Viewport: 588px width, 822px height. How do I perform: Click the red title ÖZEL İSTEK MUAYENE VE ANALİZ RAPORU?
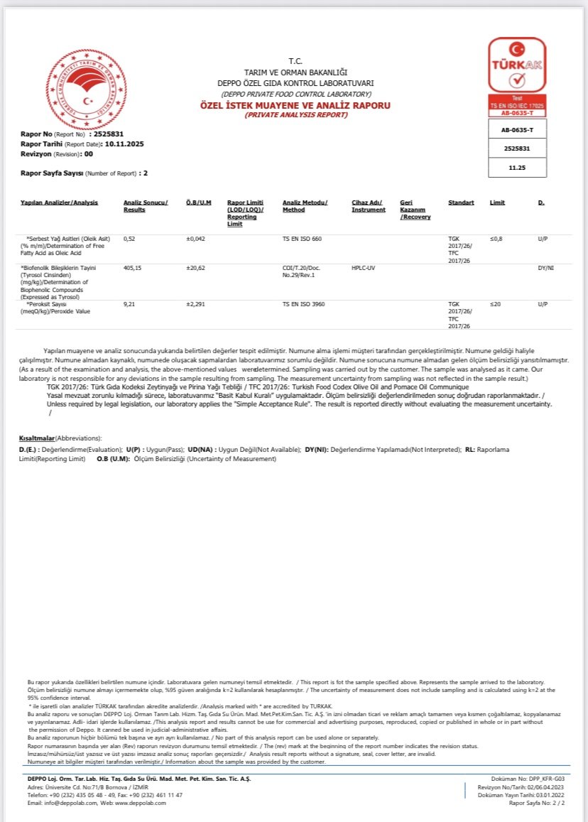pos(295,105)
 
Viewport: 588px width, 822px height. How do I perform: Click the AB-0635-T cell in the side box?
pos(517,130)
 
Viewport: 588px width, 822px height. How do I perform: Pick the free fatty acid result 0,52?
pos(129,239)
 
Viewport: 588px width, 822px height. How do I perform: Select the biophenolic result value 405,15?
pos(132,268)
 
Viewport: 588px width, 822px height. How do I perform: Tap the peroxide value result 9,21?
pos(129,304)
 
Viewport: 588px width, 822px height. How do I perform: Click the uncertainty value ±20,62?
pos(195,268)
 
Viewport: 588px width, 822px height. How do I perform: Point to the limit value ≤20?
pos(496,304)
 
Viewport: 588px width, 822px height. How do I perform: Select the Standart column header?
pos(461,202)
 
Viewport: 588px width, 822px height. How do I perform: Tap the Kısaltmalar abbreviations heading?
pos(37,438)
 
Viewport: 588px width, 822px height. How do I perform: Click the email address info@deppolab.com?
pos(69,803)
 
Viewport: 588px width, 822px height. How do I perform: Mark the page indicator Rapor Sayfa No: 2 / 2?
pos(537,803)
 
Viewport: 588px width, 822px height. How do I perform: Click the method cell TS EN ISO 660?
pos(302,239)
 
